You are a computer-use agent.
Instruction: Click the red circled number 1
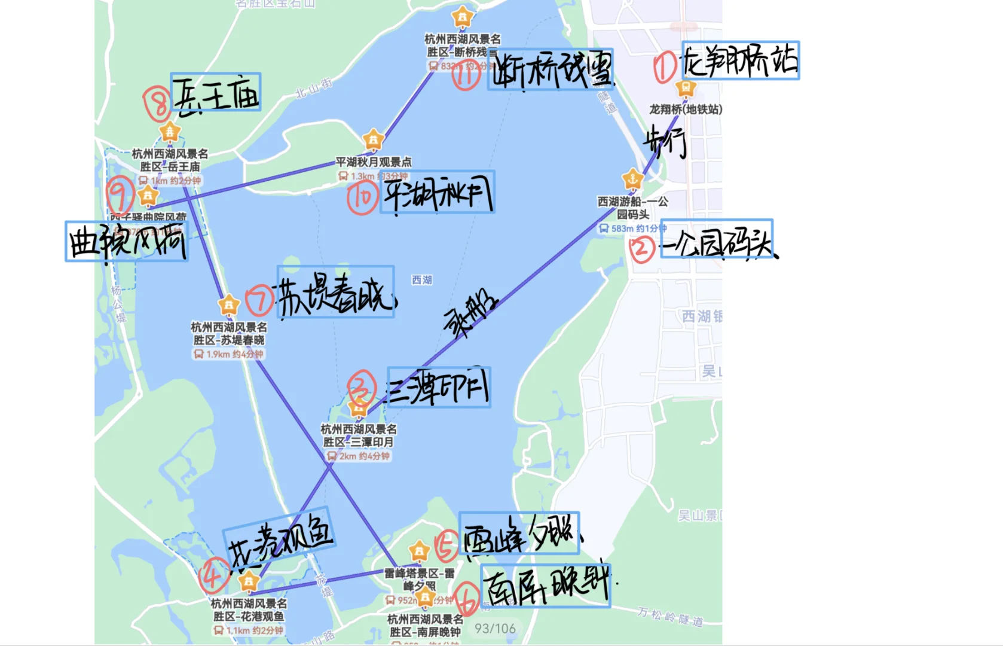coord(665,67)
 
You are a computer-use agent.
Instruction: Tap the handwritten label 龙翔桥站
coord(740,60)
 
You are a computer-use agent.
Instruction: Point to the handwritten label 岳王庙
coord(216,93)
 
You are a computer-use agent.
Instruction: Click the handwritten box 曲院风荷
coord(126,242)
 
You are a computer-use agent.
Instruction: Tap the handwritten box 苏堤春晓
coord(336,292)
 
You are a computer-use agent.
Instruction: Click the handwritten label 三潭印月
coord(439,388)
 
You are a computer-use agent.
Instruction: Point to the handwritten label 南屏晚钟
coord(545,586)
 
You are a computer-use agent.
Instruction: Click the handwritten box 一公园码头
coord(717,239)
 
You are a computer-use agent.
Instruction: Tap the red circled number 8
coord(158,104)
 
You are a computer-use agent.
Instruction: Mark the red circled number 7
coord(260,299)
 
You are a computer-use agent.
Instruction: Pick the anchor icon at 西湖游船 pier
coord(632,178)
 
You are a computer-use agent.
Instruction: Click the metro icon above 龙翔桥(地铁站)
coord(686,88)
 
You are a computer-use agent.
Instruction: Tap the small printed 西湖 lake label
coord(421,280)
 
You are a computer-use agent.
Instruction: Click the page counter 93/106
coord(495,629)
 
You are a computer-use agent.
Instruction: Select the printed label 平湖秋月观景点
coord(374,162)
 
